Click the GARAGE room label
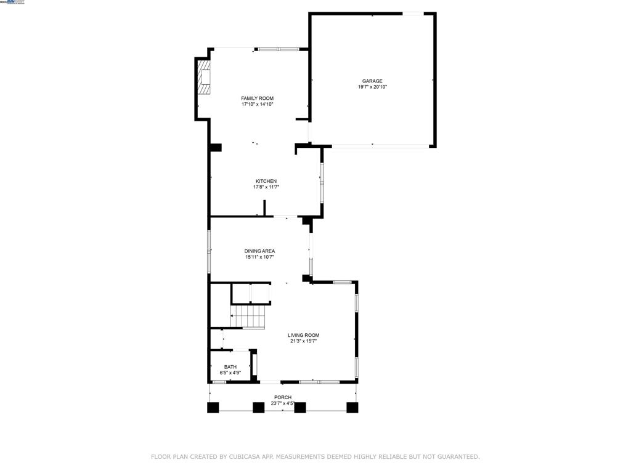(x=372, y=81)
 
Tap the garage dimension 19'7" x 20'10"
(x=372, y=87)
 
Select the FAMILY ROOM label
(x=257, y=98)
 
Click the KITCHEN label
(x=266, y=181)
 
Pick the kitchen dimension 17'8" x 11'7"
(x=266, y=187)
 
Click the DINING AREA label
(x=259, y=251)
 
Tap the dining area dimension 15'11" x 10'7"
(x=259, y=257)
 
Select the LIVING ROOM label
(x=303, y=335)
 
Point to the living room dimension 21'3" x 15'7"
(x=303, y=341)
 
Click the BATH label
(x=230, y=366)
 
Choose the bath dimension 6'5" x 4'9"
(x=230, y=373)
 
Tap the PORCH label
(x=283, y=397)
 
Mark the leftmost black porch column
(x=213, y=407)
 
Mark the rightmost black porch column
(x=352, y=407)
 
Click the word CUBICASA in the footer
(x=244, y=457)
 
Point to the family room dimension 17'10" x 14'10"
(x=257, y=104)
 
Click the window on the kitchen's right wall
(x=322, y=182)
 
